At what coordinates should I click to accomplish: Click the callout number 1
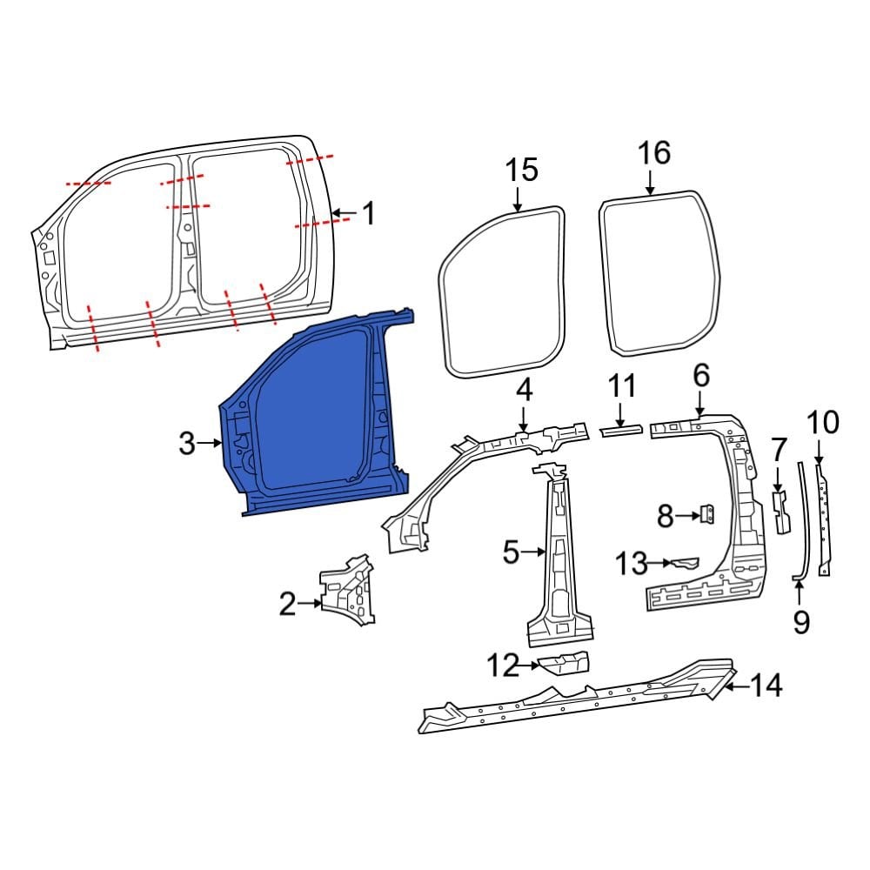[x=369, y=212]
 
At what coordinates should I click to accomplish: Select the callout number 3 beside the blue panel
[x=187, y=444]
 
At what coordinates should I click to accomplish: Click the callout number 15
[x=522, y=170]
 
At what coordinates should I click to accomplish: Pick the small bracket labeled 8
[x=707, y=515]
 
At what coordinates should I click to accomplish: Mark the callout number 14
[x=766, y=686]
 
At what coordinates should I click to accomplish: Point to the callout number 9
[x=801, y=621]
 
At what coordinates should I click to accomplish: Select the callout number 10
[x=822, y=424]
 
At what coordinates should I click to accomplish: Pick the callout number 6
[x=701, y=376]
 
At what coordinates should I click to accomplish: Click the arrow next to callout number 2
[x=309, y=602]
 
